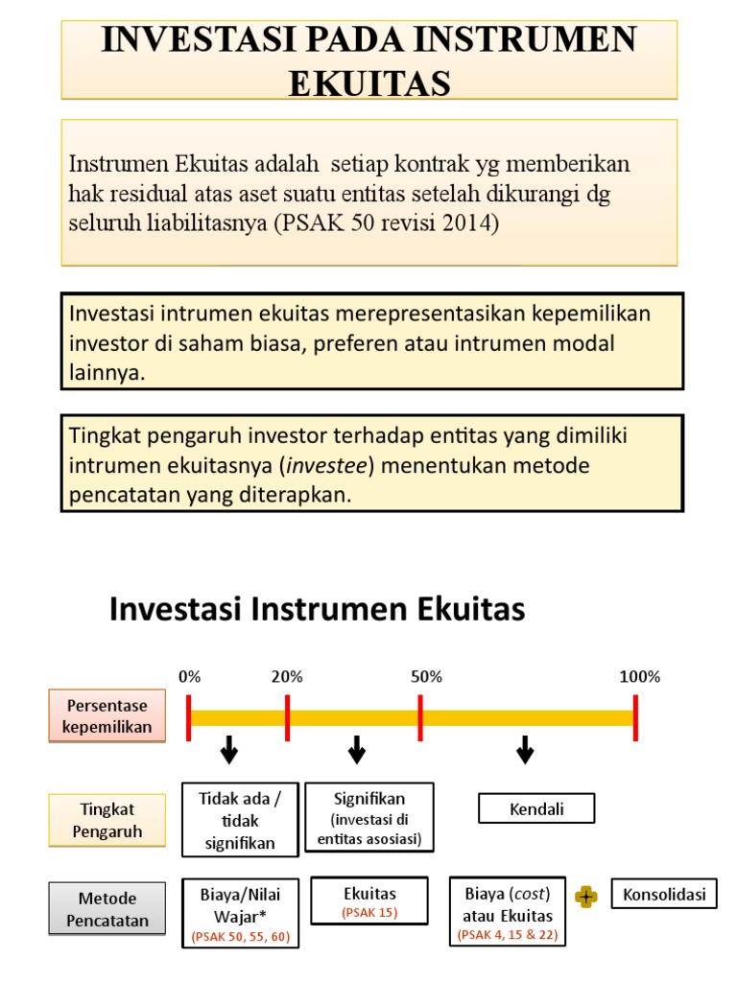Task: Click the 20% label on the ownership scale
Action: pyautogui.click(x=287, y=676)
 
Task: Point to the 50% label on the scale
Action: pyautogui.click(x=426, y=676)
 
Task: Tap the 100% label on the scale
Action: pyautogui.click(x=639, y=676)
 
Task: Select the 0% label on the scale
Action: pyautogui.click(x=189, y=676)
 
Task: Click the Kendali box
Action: pyautogui.click(x=536, y=808)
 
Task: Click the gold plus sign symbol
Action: pyautogui.click(x=585, y=897)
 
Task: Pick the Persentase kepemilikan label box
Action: pyautogui.click(x=107, y=716)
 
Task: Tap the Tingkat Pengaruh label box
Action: pyautogui.click(x=107, y=820)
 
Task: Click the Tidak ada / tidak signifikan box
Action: pyautogui.click(x=240, y=820)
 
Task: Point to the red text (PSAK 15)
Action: pyautogui.click(x=369, y=913)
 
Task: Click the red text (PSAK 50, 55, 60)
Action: pyautogui.click(x=240, y=936)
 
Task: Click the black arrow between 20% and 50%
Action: pyautogui.click(x=357, y=750)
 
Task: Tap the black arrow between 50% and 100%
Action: pyautogui.click(x=525, y=750)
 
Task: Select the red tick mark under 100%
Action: pyautogui.click(x=635, y=718)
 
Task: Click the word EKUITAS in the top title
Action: pyautogui.click(x=369, y=83)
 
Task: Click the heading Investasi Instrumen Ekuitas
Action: pyautogui.click(x=318, y=610)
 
